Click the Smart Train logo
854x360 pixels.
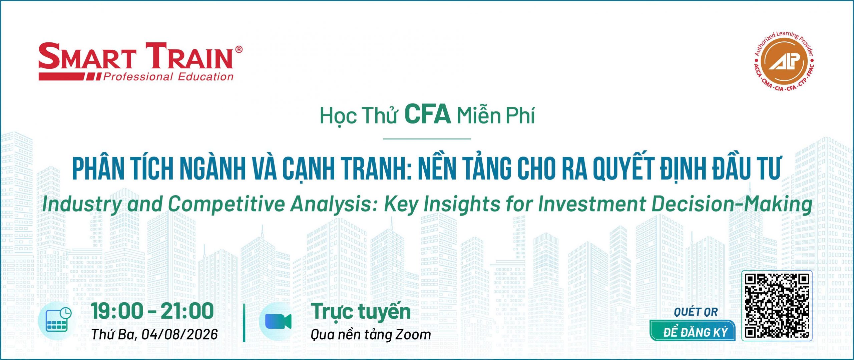[x=140, y=62]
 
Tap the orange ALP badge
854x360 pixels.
[x=784, y=61]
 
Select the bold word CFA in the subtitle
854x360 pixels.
[x=427, y=114]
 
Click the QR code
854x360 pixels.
[x=777, y=306]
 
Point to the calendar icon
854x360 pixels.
[x=59, y=320]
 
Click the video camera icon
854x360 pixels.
[x=278, y=321]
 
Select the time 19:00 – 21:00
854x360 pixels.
[x=152, y=311]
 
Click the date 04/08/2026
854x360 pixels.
[x=179, y=334]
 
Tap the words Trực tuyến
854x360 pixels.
[x=361, y=312]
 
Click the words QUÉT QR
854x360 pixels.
[x=696, y=312]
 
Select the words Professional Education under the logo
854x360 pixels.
[x=168, y=77]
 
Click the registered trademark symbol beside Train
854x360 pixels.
[x=239, y=50]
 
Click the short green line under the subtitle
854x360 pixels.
[x=427, y=138]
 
